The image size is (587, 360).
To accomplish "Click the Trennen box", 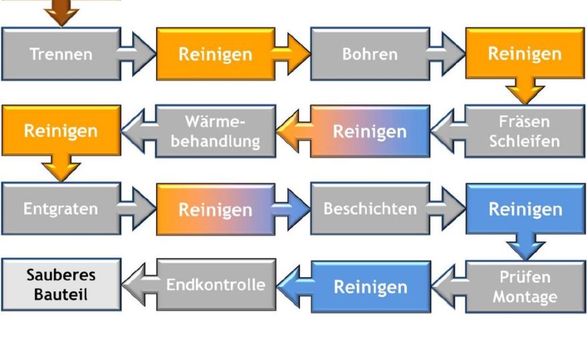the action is click(x=61, y=54).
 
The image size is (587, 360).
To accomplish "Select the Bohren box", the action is click(x=370, y=54).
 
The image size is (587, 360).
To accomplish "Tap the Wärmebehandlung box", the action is click(x=215, y=131).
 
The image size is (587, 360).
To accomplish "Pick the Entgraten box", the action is click(x=61, y=209).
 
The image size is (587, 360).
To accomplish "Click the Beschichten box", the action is click(x=370, y=209).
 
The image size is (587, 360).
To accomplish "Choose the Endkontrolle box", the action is click(x=216, y=285).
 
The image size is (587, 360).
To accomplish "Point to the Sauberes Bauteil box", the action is click(x=61, y=285).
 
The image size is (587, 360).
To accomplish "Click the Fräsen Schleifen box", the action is click(x=524, y=131).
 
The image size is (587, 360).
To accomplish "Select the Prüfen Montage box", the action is click(x=525, y=287).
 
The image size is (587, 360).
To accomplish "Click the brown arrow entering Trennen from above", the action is click(x=62, y=13).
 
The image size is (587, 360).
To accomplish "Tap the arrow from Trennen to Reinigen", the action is click(x=137, y=54).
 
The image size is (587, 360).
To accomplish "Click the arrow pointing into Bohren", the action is click(x=291, y=54).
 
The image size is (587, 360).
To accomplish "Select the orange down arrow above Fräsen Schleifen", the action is click(x=525, y=91).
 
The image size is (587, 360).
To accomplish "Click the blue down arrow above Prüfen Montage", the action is click(x=525, y=246).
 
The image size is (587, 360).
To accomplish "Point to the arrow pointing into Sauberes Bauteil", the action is click(x=140, y=285).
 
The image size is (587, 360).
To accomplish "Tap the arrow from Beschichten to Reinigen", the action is click(x=446, y=209).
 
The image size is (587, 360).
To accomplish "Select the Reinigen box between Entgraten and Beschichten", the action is click(x=215, y=209).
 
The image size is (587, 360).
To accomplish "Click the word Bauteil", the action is click(x=61, y=295).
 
